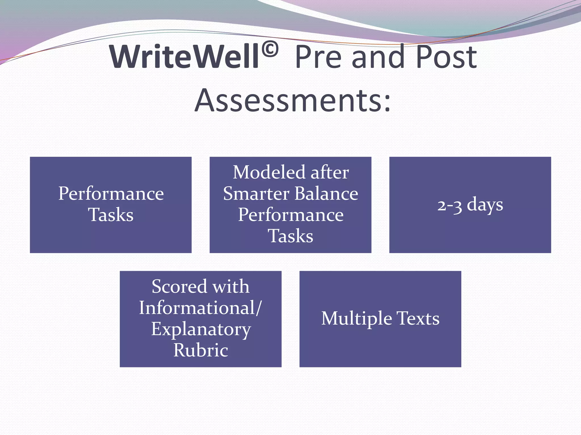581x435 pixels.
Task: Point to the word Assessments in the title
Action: click(287, 100)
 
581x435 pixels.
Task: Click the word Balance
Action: click(326, 194)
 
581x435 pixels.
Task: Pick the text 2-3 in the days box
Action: click(450, 205)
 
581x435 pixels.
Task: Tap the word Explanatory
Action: click(201, 330)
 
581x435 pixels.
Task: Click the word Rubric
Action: click(201, 350)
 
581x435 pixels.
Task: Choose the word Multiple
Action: click(356, 319)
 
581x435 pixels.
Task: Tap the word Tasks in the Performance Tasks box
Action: click(111, 215)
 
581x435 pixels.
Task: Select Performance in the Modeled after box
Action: click(290, 215)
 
